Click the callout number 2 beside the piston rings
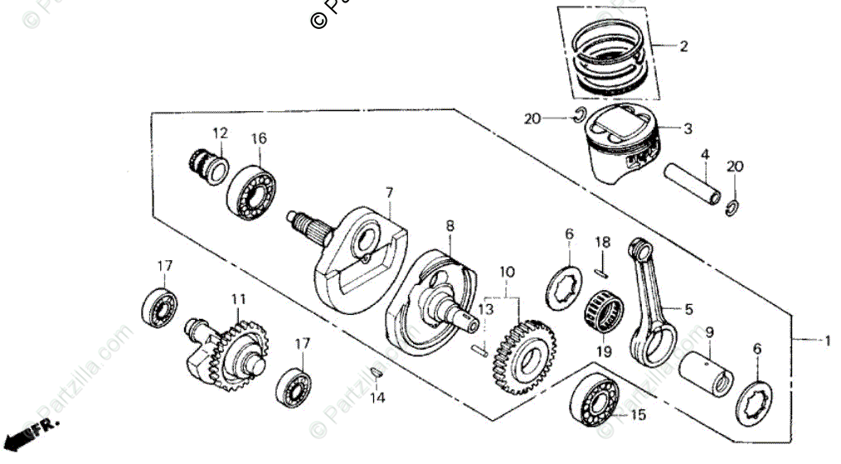tap(683, 47)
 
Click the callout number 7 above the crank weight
tap(388, 192)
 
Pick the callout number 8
tap(450, 225)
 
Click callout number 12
tap(219, 133)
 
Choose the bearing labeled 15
tap(595, 404)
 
